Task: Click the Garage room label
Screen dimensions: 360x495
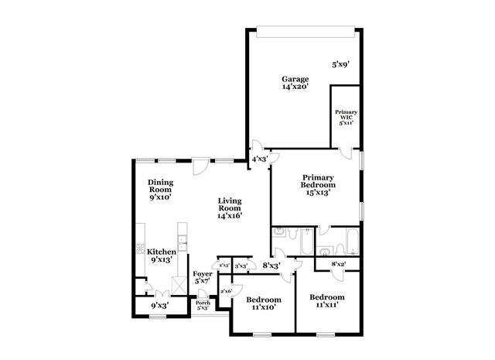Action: point(295,83)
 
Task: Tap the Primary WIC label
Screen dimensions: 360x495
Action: point(346,118)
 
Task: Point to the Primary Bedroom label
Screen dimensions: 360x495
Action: point(318,184)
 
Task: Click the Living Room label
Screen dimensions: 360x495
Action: point(230,208)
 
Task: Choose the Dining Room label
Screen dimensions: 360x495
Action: point(160,190)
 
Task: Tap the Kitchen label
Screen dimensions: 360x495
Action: point(162,255)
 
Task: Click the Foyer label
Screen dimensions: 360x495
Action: point(203,277)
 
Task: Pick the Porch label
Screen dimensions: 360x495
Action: point(203,305)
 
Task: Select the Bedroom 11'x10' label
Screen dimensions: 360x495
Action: point(264,303)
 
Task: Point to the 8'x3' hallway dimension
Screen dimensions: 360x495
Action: point(270,266)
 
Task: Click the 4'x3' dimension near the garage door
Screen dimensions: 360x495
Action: point(259,159)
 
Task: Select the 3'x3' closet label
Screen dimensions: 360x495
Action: point(241,266)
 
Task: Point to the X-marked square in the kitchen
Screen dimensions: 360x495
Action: point(179,286)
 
